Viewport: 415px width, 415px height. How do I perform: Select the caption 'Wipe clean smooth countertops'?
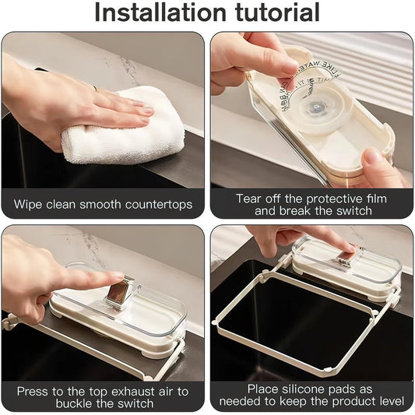click(x=103, y=206)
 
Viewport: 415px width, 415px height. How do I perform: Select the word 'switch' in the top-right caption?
click(x=350, y=212)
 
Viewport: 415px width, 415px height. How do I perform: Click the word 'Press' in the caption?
click(x=34, y=392)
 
